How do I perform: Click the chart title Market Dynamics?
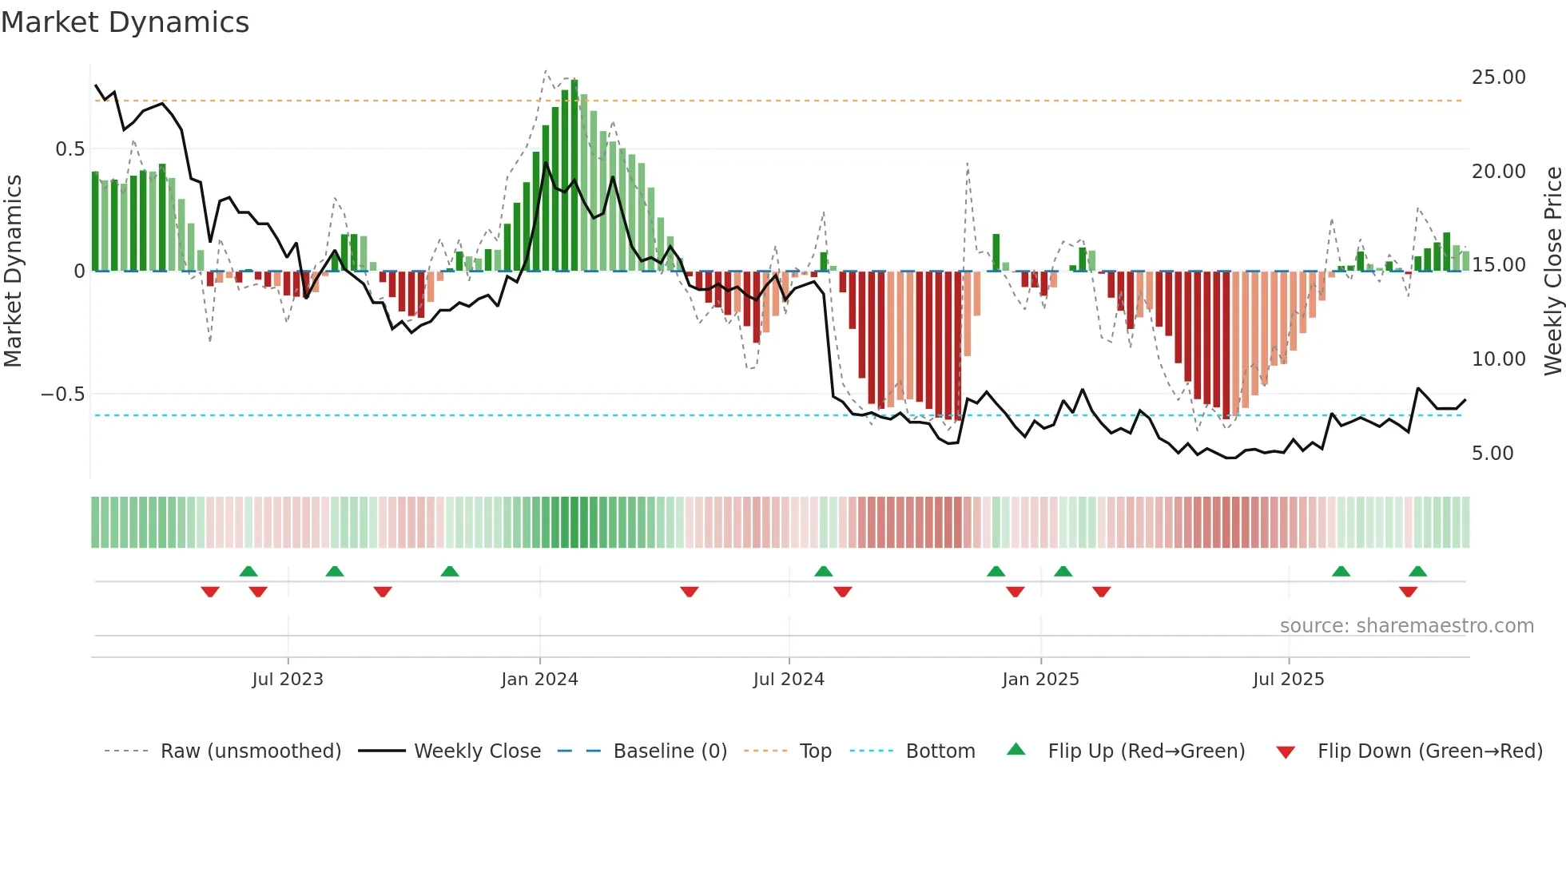[x=125, y=22]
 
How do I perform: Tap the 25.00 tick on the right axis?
[x=1498, y=77]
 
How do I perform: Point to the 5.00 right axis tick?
[x=1492, y=454]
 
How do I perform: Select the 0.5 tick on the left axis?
[x=70, y=149]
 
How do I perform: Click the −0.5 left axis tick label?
[x=62, y=394]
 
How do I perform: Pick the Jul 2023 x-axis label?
[x=288, y=680]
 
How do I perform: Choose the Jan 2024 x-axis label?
[x=539, y=680]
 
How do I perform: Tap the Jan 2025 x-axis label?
[x=1040, y=680]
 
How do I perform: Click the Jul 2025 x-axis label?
[x=1288, y=680]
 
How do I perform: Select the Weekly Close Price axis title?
[x=1552, y=271]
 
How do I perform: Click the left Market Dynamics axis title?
[x=14, y=271]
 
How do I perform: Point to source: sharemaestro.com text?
[x=1406, y=626]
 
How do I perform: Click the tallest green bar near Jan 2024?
[x=574, y=176]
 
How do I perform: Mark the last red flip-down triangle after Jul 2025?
[x=1408, y=592]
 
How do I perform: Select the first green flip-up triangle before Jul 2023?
[x=248, y=571]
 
